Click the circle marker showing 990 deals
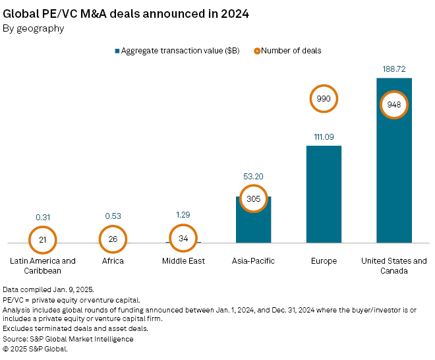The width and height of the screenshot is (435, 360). tap(324, 99)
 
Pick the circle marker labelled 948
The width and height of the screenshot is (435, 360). tap(394, 105)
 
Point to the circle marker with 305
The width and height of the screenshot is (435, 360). tap(254, 198)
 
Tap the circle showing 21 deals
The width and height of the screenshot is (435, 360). tap(43, 239)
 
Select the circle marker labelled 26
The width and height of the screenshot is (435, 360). tap(113, 239)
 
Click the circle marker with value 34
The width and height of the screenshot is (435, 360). tap(183, 239)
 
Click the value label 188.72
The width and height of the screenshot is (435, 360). tap(394, 69)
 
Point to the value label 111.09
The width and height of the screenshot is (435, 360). tap(324, 136)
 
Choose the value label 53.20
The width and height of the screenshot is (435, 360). tap(254, 176)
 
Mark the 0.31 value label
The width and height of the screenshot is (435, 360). tap(43, 216)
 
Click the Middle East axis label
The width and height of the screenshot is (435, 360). tap(183, 261)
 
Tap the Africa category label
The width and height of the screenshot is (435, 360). tap(113, 261)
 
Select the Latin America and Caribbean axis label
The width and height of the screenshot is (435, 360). tap(43, 266)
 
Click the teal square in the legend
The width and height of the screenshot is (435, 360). tap(117, 51)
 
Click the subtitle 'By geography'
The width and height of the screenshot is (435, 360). tap(34, 28)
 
